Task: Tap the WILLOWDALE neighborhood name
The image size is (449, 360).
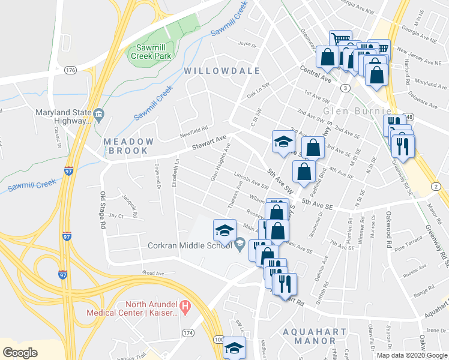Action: [x=222, y=71]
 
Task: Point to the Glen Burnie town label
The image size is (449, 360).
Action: [x=357, y=112]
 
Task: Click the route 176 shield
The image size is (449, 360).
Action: [x=71, y=70]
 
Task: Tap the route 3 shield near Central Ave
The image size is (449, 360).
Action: [x=345, y=88]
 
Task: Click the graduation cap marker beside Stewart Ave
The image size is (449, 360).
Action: [x=283, y=142]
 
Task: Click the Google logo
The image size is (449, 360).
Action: [x=20, y=352]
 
